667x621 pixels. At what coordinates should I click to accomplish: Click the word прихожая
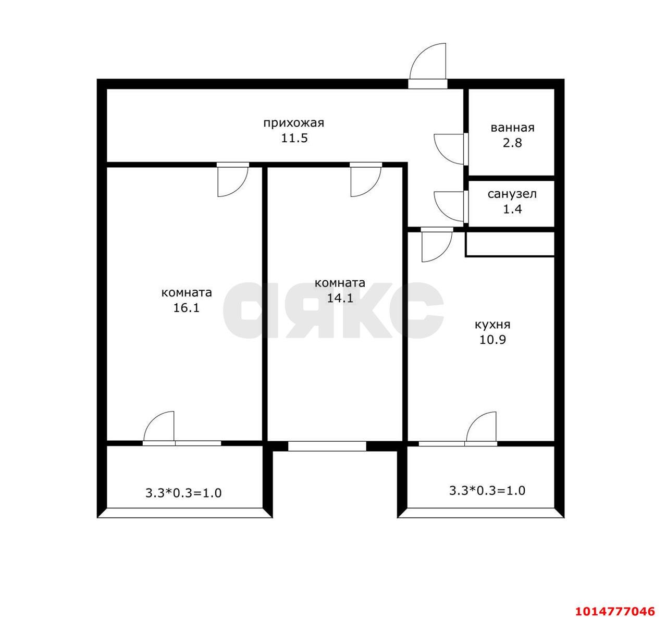[x=293, y=123]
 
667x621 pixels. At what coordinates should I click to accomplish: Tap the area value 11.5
[x=294, y=138]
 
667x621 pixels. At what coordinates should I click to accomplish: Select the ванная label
[x=512, y=128]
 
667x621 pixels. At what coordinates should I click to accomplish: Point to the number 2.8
[x=512, y=143]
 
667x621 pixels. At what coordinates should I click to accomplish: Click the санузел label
[x=512, y=194]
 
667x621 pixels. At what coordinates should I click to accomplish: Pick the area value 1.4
[x=512, y=209]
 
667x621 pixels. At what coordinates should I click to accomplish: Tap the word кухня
[x=492, y=325]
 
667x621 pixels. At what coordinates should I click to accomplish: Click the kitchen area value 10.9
[x=492, y=340]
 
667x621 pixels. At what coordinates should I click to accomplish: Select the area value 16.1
[x=186, y=308]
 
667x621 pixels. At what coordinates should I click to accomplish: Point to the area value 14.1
[x=340, y=298]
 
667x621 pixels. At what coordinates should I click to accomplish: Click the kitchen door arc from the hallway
[x=444, y=254]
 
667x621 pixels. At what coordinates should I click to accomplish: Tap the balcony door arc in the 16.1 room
[x=152, y=420]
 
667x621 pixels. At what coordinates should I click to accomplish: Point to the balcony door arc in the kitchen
[x=474, y=420]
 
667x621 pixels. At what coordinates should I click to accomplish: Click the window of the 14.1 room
[x=327, y=446]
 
